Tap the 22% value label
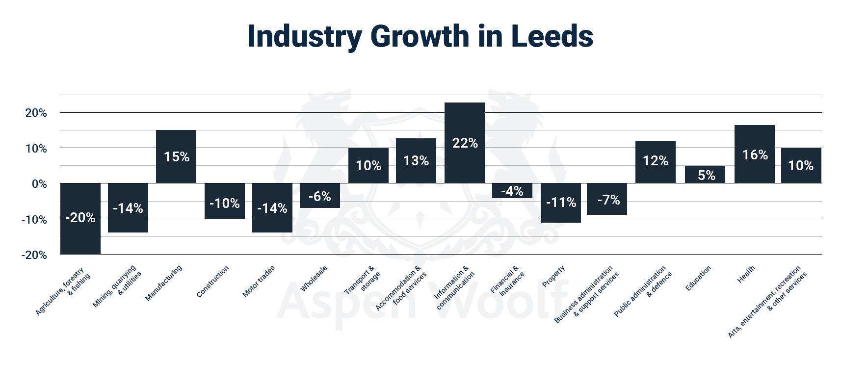(x=465, y=143)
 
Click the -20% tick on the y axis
(x=34, y=255)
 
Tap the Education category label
(x=698, y=279)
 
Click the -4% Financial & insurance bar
(x=512, y=191)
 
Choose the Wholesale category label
(x=314, y=279)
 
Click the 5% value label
(x=706, y=175)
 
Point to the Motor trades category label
(x=259, y=281)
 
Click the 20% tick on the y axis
(x=36, y=113)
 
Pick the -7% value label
(x=608, y=200)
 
